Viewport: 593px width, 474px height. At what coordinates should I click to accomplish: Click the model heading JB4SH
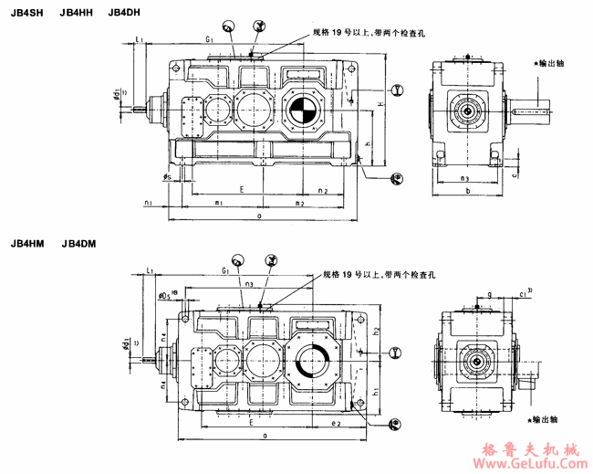pyautogui.click(x=27, y=12)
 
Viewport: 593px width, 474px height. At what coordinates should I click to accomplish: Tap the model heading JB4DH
pyautogui.click(x=125, y=12)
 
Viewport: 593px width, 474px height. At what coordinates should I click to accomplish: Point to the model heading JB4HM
pyautogui.click(x=28, y=244)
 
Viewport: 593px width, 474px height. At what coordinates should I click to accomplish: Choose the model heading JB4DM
pyautogui.click(x=79, y=244)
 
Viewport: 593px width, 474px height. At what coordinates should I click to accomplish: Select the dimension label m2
pyautogui.click(x=298, y=202)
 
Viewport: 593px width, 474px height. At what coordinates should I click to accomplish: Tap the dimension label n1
pyautogui.click(x=148, y=202)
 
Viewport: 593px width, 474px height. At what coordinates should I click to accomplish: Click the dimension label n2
pyautogui.click(x=323, y=190)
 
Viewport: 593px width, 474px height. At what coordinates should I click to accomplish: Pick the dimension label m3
pyautogui.click(x=463, y=178)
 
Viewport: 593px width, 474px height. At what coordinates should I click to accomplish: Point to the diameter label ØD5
pyautogui.click(x=165, y=295)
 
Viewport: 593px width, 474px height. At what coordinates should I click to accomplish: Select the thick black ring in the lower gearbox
pyautogui.click(x=313, y=363)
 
